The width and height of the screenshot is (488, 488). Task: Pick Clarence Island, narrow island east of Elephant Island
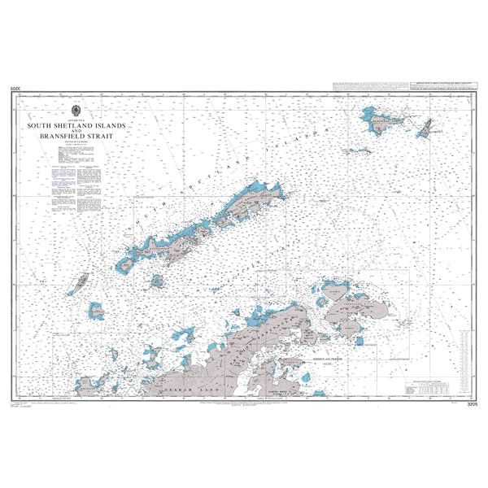coord(424,129)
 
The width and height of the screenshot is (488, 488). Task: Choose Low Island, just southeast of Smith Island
coord(96,310)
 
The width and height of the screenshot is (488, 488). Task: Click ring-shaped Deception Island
coord(156,281)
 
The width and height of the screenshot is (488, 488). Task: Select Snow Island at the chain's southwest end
coord(125,265)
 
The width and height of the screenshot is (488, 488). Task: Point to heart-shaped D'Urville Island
coord(333,289)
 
